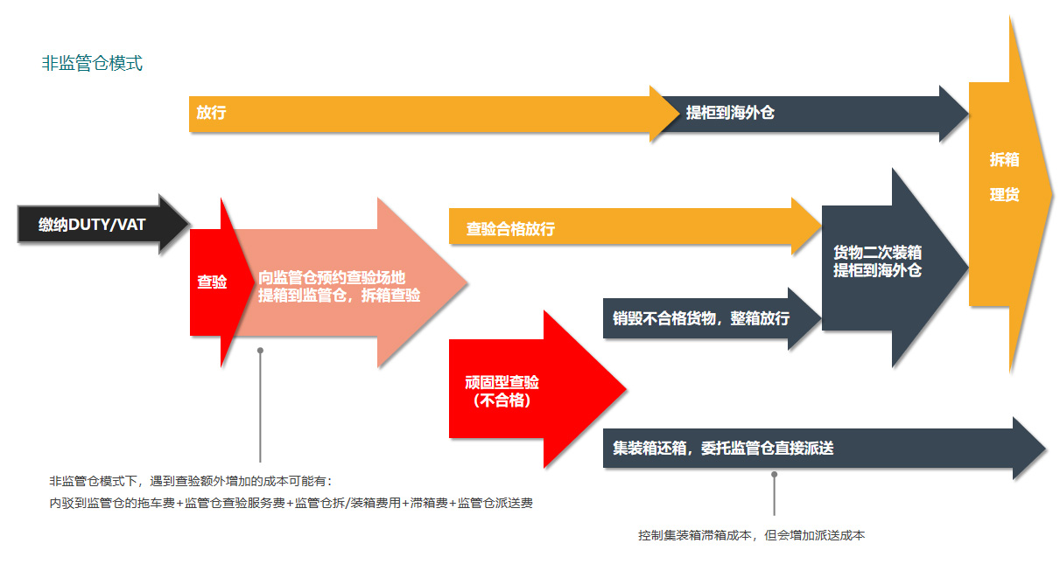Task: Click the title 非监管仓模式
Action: pos(92,64)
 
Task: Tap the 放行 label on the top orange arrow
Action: pos(211,113)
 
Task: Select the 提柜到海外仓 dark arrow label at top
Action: pos(730,113)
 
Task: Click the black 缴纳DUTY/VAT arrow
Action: pos(92,225)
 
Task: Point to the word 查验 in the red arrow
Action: pos(212,282)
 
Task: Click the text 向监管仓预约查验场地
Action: pos(332,277)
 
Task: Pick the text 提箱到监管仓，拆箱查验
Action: pos(339,296)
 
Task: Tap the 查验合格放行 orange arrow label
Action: pos(510,229)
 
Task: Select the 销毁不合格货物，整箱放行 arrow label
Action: pos(701,318)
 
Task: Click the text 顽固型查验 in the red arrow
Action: pos(502,382)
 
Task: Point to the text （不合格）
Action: pos(502,400)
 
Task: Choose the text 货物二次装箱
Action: pos(877,253)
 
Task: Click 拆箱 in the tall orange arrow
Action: pos(1004,160)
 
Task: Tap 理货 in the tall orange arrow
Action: pos(1004,195)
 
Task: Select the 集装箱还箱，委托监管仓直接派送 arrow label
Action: pos(723,449)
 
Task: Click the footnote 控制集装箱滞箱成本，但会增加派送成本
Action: pos(751,535)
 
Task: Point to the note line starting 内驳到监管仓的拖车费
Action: pos(291,503)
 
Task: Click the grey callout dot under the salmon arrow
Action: pos(260,351)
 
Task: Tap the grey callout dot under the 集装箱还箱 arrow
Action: pos(774,475)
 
